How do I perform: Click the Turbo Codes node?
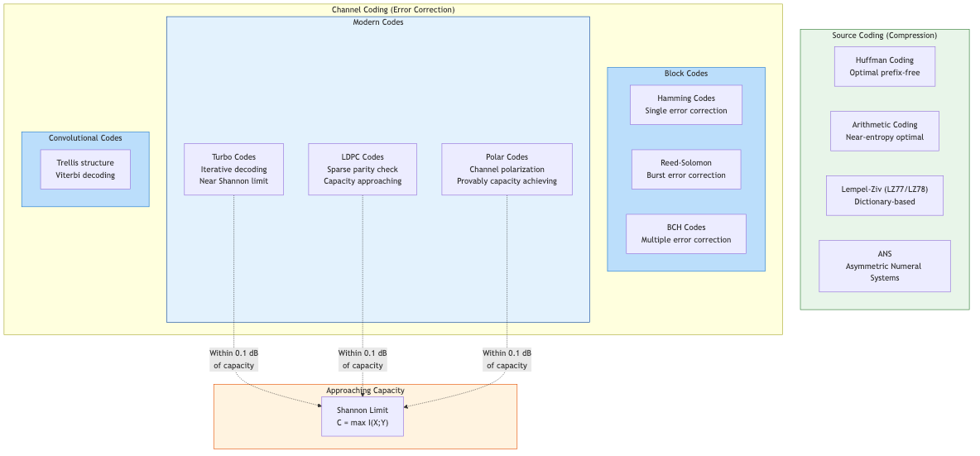click(233, 169)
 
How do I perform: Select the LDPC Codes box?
click(363, 169)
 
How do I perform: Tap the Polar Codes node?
click(507, 169)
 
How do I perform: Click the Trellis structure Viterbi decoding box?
click(85, 169)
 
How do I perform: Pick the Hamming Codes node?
click(686, 104)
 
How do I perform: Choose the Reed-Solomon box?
click(686, 169)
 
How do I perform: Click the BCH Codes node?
click(686, 233)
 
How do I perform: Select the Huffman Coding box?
click(884, 66)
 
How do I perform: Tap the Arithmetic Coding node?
click(884, 131)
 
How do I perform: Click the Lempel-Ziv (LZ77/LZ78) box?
click(884, 195)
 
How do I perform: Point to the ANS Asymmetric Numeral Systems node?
click(884, 266)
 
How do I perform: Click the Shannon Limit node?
click(362, 416)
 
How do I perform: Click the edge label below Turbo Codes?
click(235, 358)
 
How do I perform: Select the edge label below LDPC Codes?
click(363, 358)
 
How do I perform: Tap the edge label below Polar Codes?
click(507, 358)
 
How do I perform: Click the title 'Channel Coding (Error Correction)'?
click(393, 10)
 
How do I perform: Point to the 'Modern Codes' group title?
click(378, 22)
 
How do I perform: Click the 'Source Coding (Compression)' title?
click(884, 36)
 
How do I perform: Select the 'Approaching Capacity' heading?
click(365, 390)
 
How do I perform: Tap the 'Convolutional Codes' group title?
click(85, 138)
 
